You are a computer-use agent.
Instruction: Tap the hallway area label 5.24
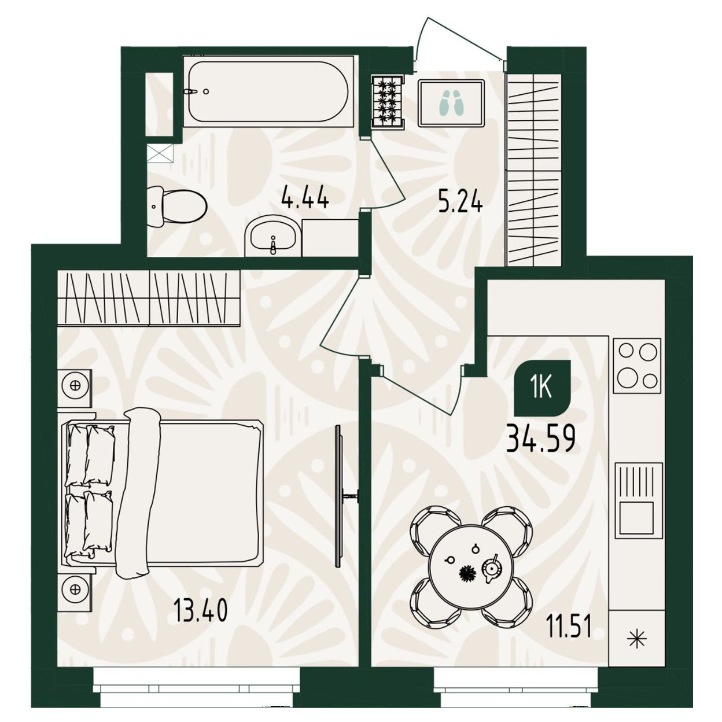coord(460,204)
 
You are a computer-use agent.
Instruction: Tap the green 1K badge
coord(542,388)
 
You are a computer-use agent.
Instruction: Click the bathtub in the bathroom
coord(268,91)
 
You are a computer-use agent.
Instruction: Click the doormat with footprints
coord(451,104)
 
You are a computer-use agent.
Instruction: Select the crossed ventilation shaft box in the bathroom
coord(160,153)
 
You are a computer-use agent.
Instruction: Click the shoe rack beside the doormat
coord(388,102)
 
